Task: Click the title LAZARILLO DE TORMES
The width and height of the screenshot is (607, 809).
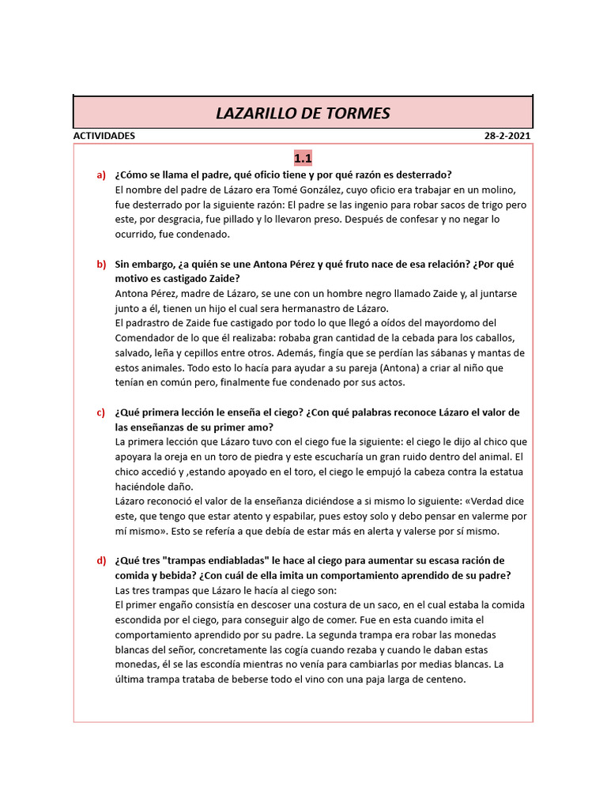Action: (x=303, y=113)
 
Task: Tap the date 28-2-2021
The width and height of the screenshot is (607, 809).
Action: (x=507, y=136)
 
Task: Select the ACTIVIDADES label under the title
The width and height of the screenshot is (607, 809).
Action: (x=104, y=136)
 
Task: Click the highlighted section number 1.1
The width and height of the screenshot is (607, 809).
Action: (x=303, y=158)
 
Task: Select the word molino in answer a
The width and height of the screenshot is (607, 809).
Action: (x=499, y=190)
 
